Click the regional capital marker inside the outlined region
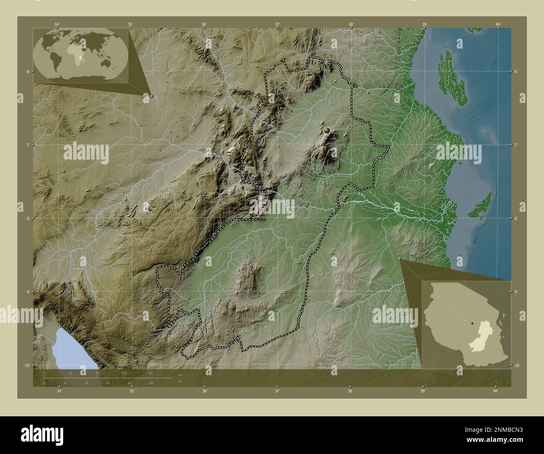pos(327,131)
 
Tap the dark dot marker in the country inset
pos(472,323)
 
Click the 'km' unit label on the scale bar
pos(180,374)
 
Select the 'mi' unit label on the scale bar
pos(180,382)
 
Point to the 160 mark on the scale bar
pos(150,373)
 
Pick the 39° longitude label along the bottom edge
pos(423,391)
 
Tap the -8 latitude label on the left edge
pos(27,218)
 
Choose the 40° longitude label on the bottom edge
pos(496,391)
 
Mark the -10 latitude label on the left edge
pos(26,365)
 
